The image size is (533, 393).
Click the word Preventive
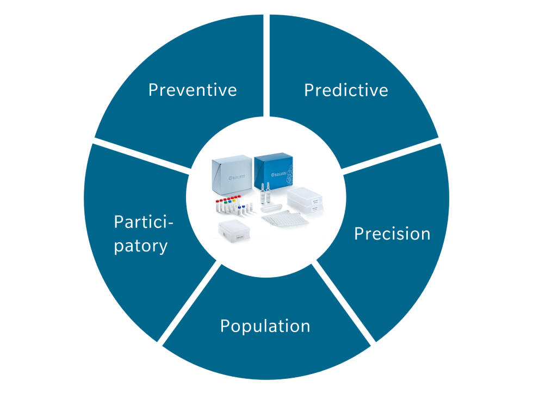[x=193, y=90]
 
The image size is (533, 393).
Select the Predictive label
[x=346, y=90]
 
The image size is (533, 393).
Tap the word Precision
[x=392, y=234]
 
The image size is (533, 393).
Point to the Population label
[x=265, y=326]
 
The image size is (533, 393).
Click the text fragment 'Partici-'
[x=144, y=222]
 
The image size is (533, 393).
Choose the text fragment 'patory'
[x=141, y=246]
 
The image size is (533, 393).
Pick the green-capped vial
[x=227, y=205]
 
